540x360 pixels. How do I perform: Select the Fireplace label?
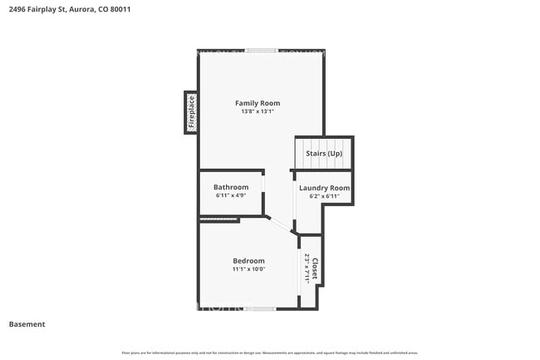tap(190, 112)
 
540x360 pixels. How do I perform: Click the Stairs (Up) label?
tap(324, 155)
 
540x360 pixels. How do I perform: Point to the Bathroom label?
tap(231, 187)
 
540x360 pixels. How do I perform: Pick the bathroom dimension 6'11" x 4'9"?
tap(231, 196)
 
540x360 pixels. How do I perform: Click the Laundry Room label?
tap(324, 188)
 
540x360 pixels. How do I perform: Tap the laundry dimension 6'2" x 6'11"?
tap(324, 197)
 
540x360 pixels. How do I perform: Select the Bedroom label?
tap(248, 261)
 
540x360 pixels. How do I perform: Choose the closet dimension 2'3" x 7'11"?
tap(307, 269)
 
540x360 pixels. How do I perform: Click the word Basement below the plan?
tap(27, 324)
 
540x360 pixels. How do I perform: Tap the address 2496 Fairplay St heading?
tap(41, 9)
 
